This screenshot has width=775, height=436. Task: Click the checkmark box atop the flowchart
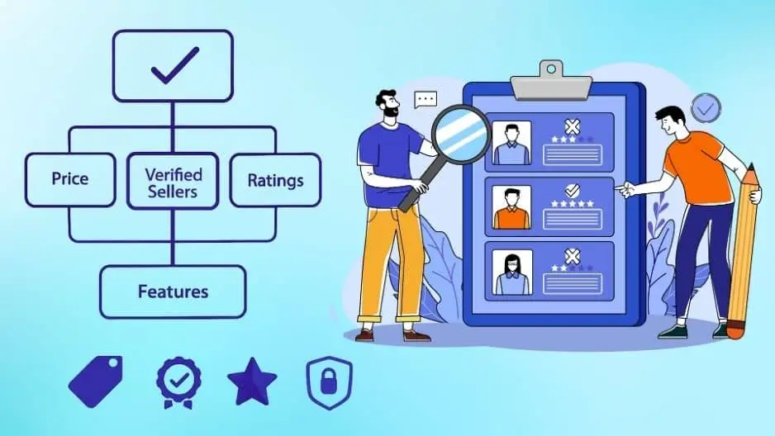173,66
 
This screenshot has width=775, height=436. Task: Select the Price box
69,179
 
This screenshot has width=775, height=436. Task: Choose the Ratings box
275,179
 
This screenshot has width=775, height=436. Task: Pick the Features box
173,291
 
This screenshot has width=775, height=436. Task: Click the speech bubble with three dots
426,100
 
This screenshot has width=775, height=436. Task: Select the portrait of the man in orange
511,206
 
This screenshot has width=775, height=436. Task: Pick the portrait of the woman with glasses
511,272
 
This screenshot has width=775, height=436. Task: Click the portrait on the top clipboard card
511,144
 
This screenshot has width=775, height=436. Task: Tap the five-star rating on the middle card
572,203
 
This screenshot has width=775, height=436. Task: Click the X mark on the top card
572,126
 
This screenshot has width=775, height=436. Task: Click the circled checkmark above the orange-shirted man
705,107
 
